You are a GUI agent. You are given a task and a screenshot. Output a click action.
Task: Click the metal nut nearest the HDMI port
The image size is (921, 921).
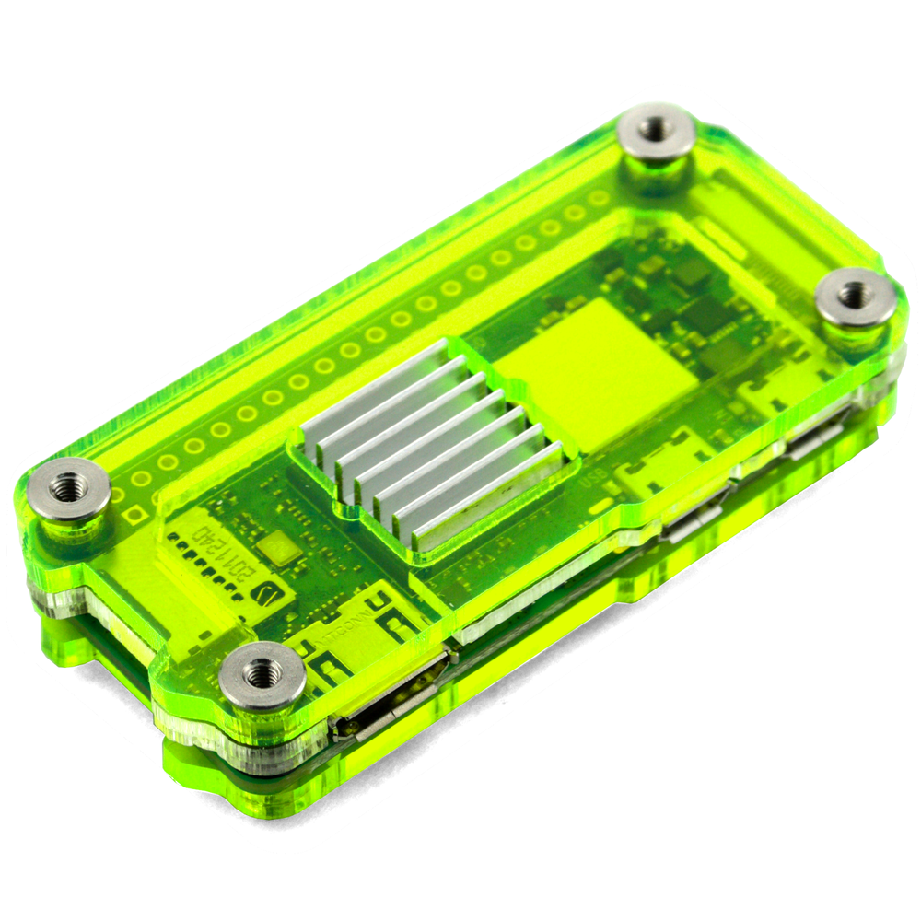pyautogui.click(x=262, y=674)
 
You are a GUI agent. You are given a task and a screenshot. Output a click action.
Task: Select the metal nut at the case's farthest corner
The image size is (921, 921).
pyautogui.click(x=655, y=130)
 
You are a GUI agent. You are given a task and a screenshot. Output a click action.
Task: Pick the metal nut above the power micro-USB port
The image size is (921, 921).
pyautogui.click(x=856, y=296)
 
